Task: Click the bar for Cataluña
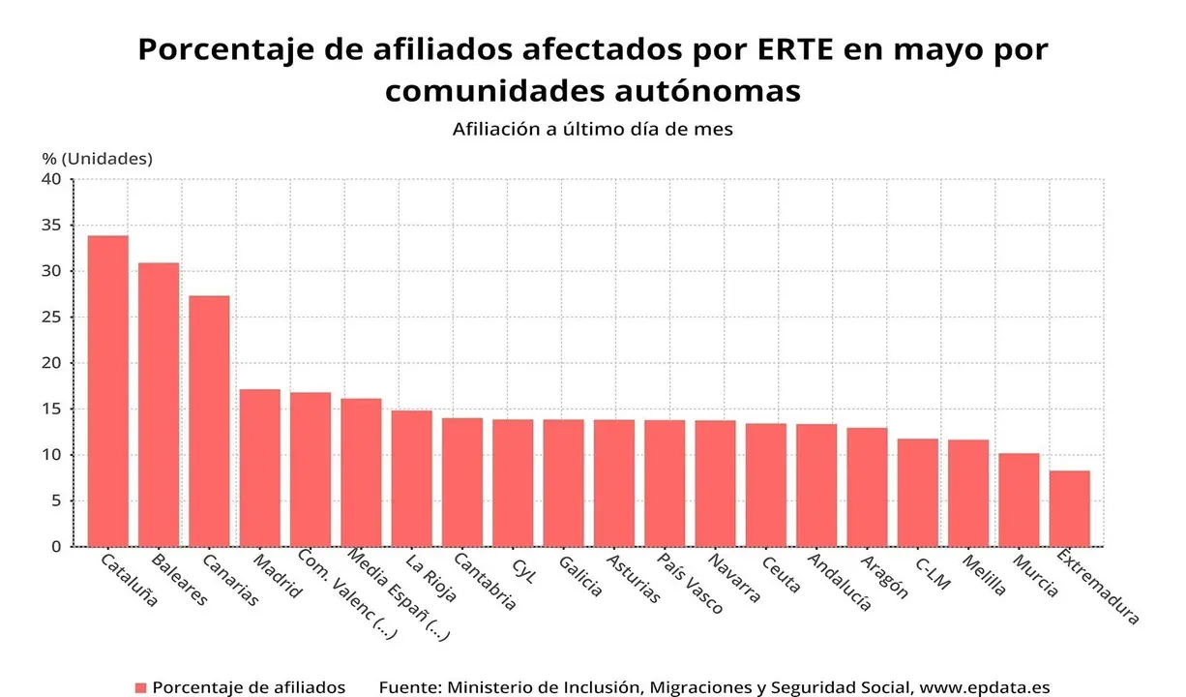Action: coord(107,391)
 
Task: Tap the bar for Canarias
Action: coord(209,421)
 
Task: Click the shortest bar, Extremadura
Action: coord(1069,508)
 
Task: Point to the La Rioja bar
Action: coord(411,478)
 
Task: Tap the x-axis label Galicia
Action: coord(579,576)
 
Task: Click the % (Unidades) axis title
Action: coord(97,158)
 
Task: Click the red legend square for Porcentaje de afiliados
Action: coord(140,687)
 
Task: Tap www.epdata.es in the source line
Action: coord(984,687)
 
